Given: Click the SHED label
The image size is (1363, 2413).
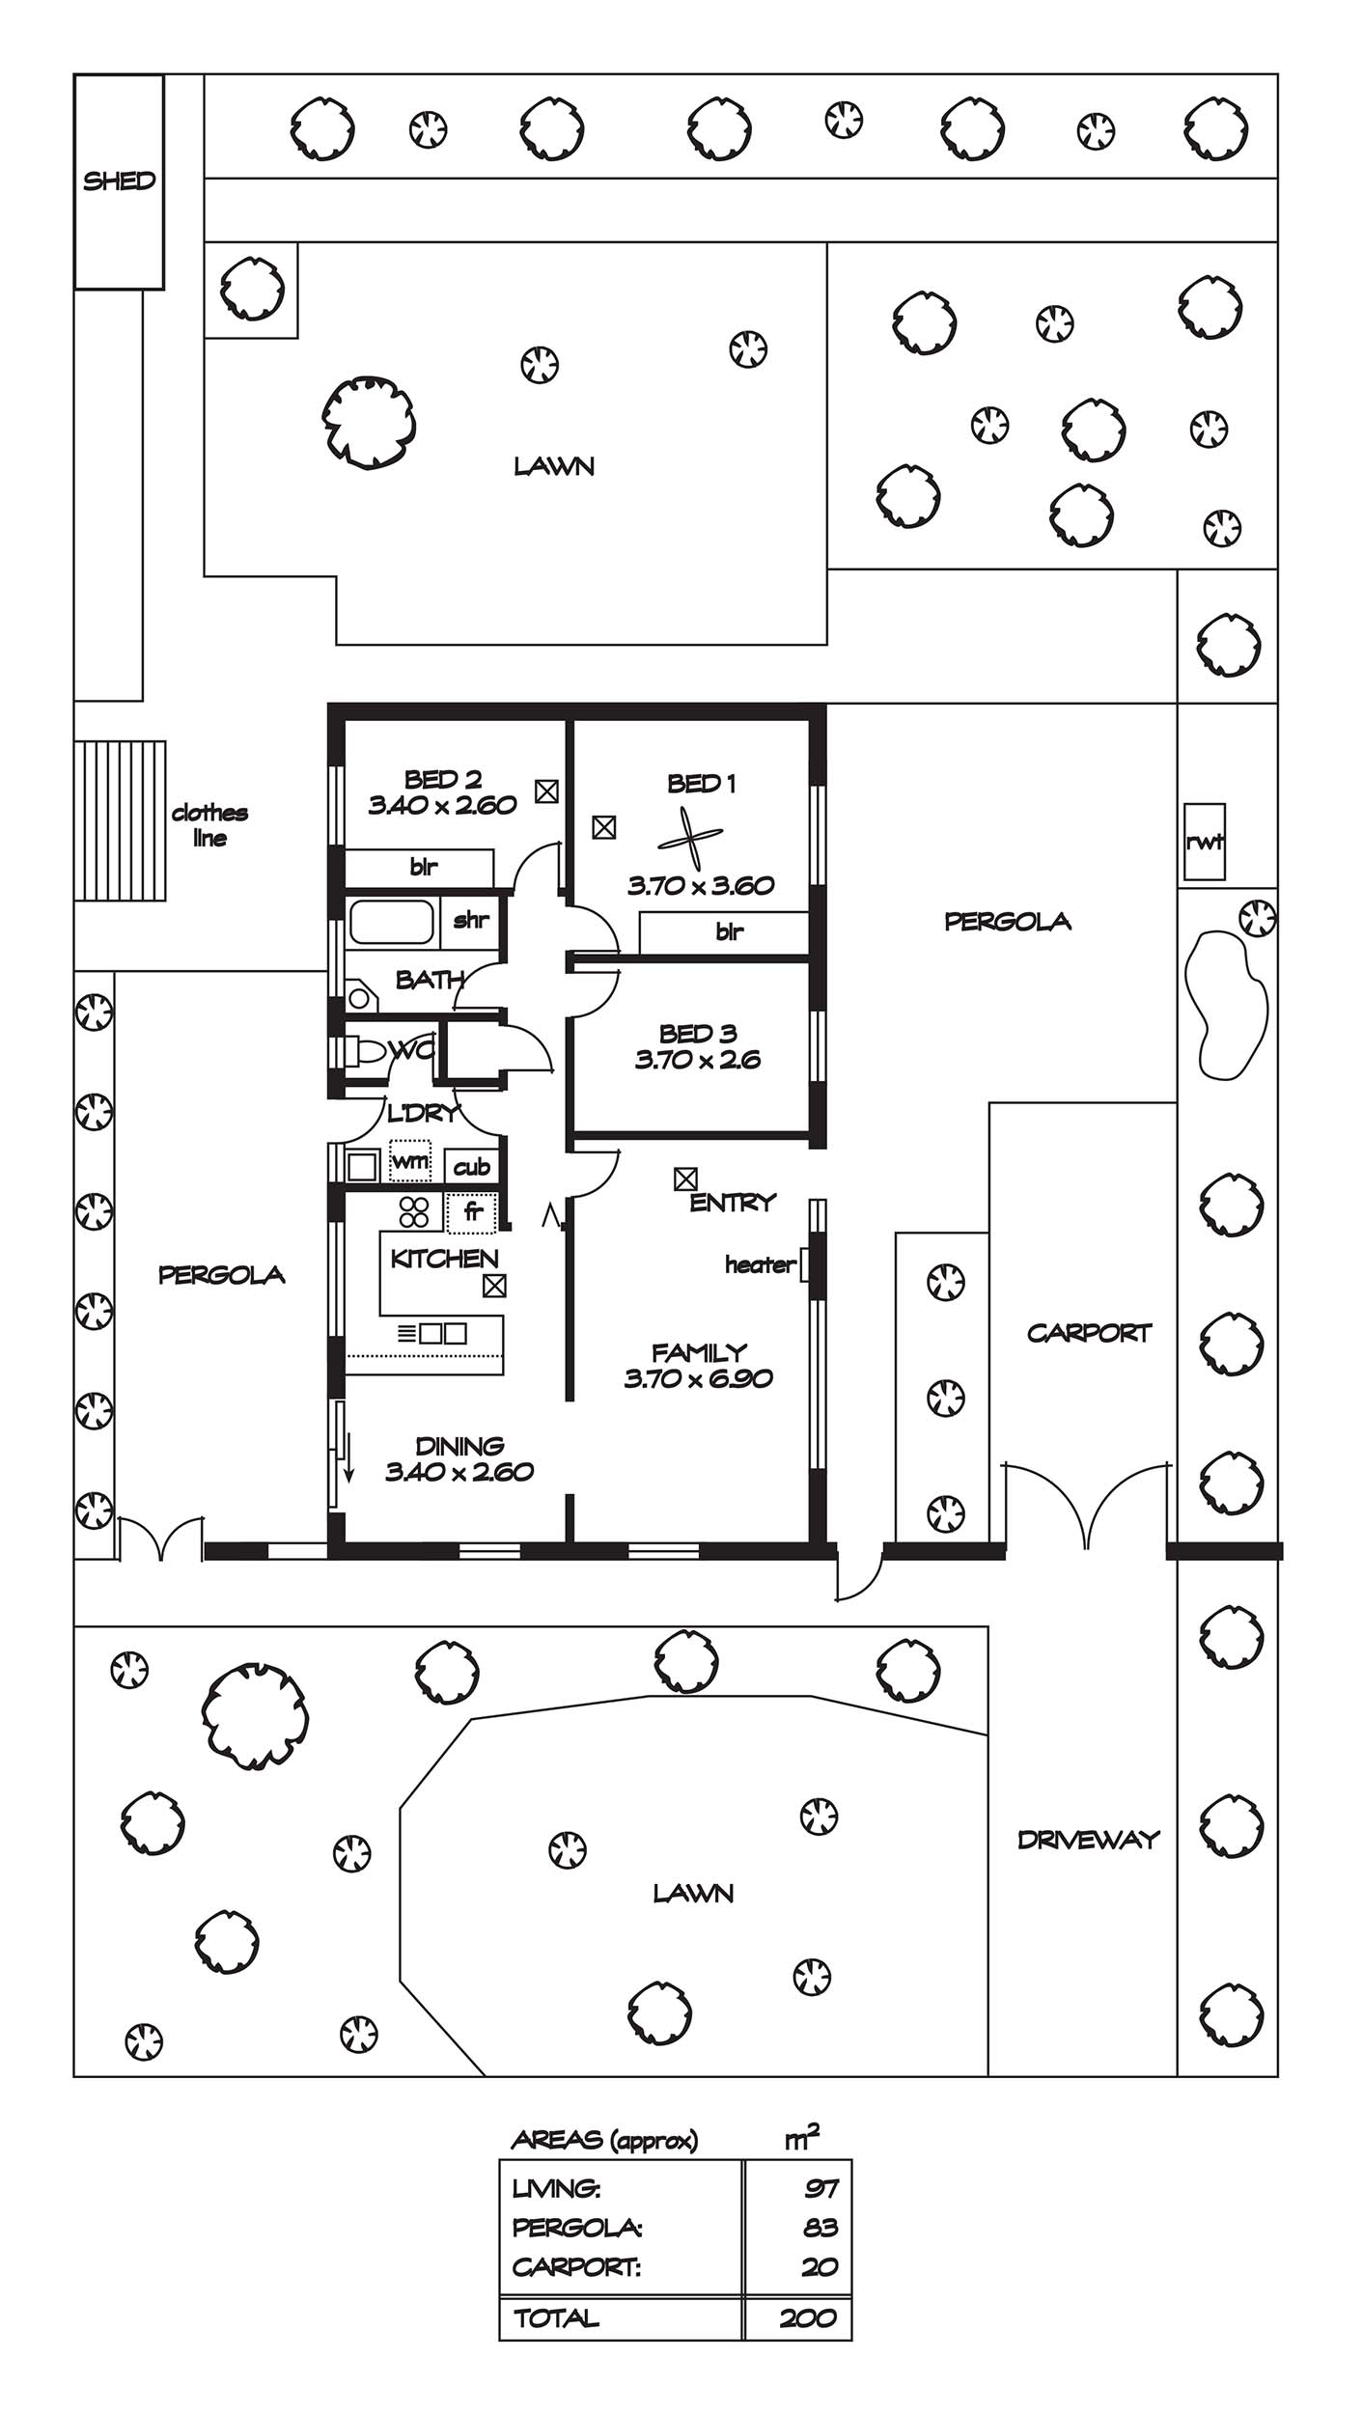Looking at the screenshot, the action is pos(119,180).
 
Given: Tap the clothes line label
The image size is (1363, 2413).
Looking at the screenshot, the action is pos(209,825).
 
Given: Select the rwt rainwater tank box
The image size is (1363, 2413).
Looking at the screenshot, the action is pos(1205,842).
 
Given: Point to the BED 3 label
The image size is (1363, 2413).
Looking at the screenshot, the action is pos(698,1034).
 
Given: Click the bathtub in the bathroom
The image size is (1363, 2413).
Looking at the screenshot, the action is pos(391,922).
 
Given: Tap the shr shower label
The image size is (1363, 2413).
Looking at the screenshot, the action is pos(470,920).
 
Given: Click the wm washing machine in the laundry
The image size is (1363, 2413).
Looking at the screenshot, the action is pos(410,1161).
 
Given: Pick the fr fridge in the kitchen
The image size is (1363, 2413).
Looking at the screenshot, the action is pos(472,1212).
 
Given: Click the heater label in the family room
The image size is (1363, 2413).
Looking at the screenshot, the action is pos(761,1264).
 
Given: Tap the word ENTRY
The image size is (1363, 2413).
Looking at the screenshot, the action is pos(733,1203).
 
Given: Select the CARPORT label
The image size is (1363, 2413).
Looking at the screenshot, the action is pos(1089,1333).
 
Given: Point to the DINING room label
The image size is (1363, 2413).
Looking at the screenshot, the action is pos(459,1446).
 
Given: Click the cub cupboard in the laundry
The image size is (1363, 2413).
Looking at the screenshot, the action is pos(472,1167).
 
